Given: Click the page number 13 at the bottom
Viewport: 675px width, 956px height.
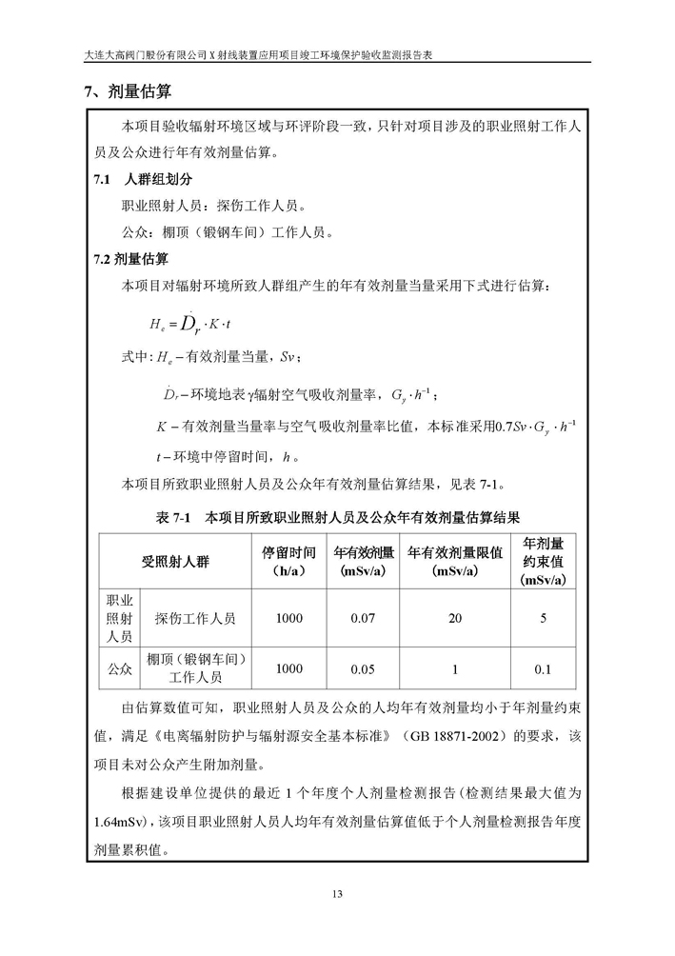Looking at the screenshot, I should [x=337, y=892].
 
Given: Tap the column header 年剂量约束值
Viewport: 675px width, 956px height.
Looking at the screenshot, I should [x=543, y=561].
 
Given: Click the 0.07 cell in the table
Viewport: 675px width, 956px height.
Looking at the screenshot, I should [x=364, y=618].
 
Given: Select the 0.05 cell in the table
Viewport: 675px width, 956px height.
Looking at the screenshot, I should [x=364, y=668].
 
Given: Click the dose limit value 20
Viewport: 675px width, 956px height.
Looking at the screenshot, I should [x=455, y=618].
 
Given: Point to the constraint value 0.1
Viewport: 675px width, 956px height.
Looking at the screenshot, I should [x=543, y=668].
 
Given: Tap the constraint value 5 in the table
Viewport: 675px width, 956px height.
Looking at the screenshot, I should [x=543, y=618].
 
